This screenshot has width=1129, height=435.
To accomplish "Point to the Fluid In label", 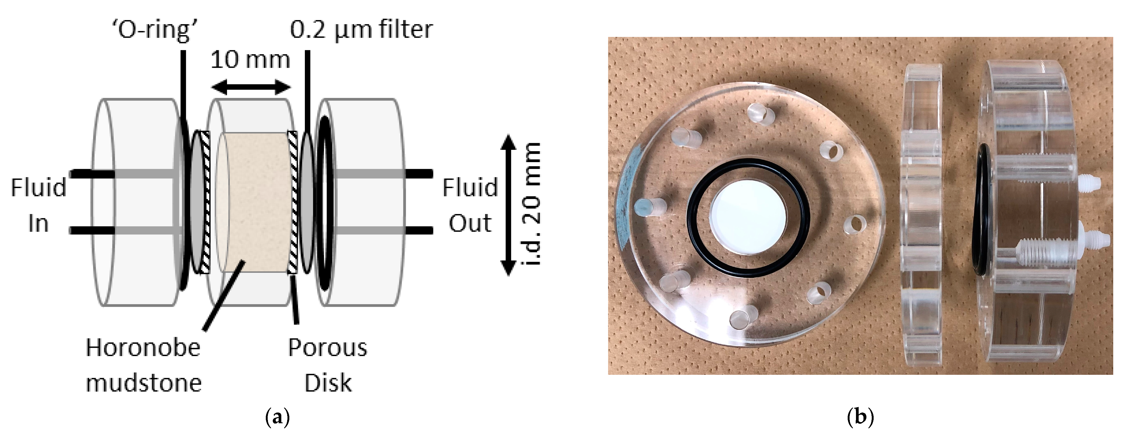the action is pos(39,205).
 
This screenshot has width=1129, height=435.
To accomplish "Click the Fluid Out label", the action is pos(470,205).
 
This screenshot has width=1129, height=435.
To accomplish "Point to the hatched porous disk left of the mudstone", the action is pos(204,202).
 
